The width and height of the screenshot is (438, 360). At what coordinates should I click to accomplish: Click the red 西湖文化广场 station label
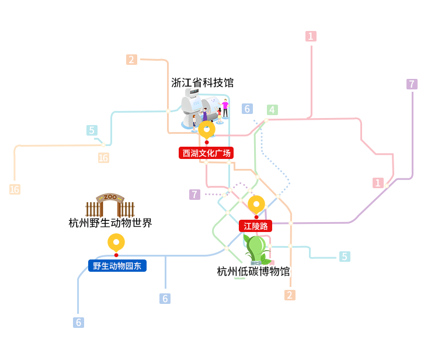[206, 153]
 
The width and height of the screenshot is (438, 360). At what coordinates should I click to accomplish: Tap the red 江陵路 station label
[255, 226]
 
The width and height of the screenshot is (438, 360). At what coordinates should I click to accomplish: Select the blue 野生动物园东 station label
[117, 265]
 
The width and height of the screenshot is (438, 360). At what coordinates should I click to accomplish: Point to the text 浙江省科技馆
[202, 83]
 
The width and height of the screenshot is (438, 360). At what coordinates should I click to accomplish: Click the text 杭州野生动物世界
[110, 223]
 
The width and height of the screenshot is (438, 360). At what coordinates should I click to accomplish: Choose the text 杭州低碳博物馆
[253, 271]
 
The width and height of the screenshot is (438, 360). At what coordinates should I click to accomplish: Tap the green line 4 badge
[272, 110]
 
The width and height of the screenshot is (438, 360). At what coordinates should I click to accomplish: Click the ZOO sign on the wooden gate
[110, 197]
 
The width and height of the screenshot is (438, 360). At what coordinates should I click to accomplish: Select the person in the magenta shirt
[225, 108]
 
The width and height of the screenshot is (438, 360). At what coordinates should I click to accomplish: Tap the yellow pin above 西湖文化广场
[207, 130]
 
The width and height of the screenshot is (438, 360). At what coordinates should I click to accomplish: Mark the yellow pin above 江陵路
[256, 205]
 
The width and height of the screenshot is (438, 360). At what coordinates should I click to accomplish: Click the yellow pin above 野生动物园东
[116, 243]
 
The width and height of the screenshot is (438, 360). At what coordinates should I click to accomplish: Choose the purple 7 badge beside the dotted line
[194, 195]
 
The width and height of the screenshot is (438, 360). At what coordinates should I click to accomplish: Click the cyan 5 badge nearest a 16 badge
[92, 130]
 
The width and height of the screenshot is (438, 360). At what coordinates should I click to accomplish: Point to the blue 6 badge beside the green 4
[247, 109]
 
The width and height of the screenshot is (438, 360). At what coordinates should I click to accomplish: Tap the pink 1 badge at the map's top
[311, 36]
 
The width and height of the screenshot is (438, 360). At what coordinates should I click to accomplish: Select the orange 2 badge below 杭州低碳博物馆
[290, 295]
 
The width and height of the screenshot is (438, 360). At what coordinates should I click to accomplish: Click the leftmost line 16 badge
[15, 189]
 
